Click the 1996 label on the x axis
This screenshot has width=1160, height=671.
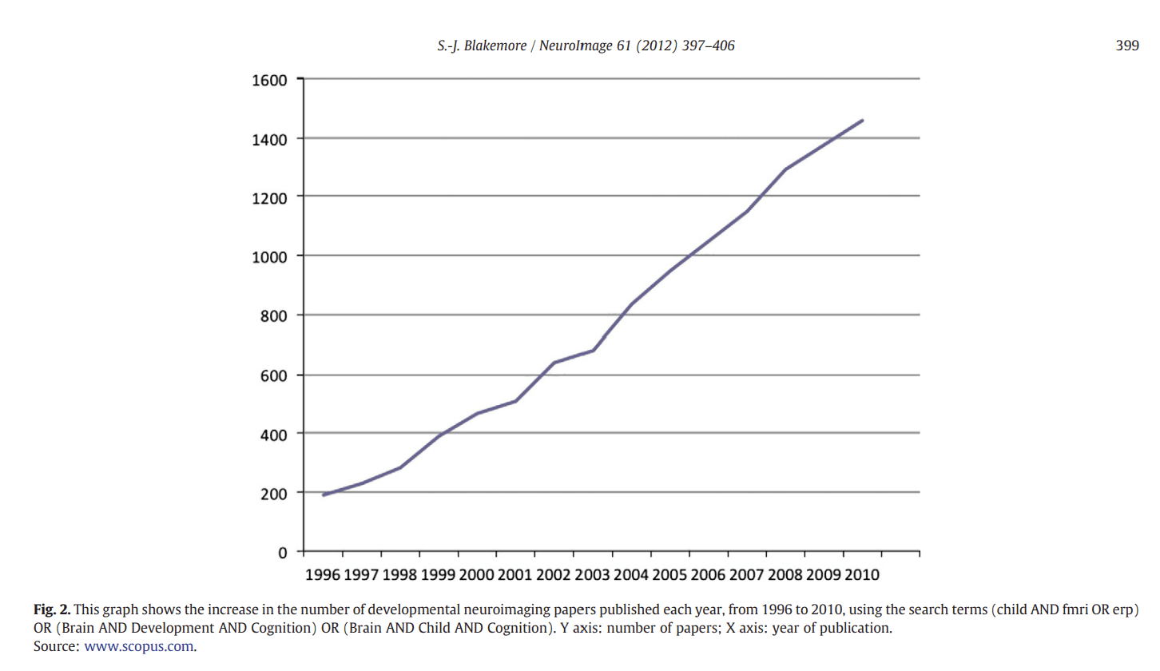pyautogui.click(x=323, y=575)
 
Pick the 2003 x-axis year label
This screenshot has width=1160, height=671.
pyautogui.click(x=592, y=575)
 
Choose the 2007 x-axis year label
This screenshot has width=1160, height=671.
pyautogui.click(x=746, y=575)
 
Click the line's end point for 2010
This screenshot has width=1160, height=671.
pyautogui.click(x=862, y=121)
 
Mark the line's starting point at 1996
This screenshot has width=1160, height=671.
pyautogui.click(x=324, y=495)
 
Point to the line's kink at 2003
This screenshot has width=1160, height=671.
pyautogui.click(x=593, y=350)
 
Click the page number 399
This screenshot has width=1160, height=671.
pyautogui.click(x=1127, y=46)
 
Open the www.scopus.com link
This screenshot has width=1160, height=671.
pyautogui.click(x=139, y=646)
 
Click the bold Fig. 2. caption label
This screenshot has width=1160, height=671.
pyautogui.click(x=52, y=610)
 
